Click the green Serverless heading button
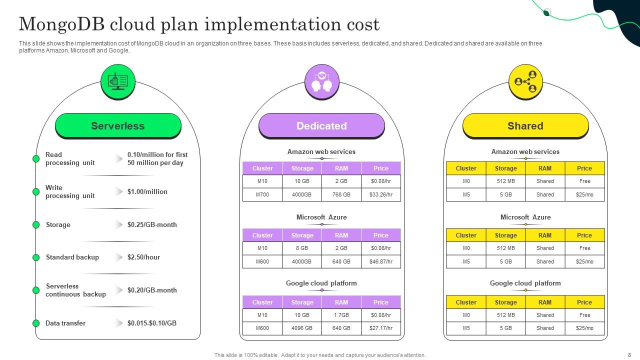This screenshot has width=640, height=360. coord(118,125)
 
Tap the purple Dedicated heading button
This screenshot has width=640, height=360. coord(321,125)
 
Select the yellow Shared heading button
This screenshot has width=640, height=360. coord(525,125)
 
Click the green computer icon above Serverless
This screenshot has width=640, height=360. coord(118,81)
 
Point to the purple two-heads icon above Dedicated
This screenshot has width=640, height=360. coord(322,81)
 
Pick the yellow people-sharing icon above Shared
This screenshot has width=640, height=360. coord(525,81)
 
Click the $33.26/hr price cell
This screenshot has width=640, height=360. coord(381,194)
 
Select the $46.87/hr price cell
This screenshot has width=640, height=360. coord(381,261)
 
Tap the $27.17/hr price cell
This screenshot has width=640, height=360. coord(381,328)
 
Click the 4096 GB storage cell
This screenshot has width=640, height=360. coord(302,328)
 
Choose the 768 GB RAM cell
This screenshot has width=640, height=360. coord(341,194)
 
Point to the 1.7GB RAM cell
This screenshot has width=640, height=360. coord(341,315)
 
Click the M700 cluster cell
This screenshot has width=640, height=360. coord(262,194)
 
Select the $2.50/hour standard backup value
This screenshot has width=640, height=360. coord(143,257)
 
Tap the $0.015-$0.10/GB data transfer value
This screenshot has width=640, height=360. coord(152,323)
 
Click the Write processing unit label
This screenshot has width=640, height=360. coord(70,191)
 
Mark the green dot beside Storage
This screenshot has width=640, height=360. coord(36,224)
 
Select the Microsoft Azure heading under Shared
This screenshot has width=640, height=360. coord(525,217)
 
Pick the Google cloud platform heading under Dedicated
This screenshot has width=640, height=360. coord(321,283)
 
